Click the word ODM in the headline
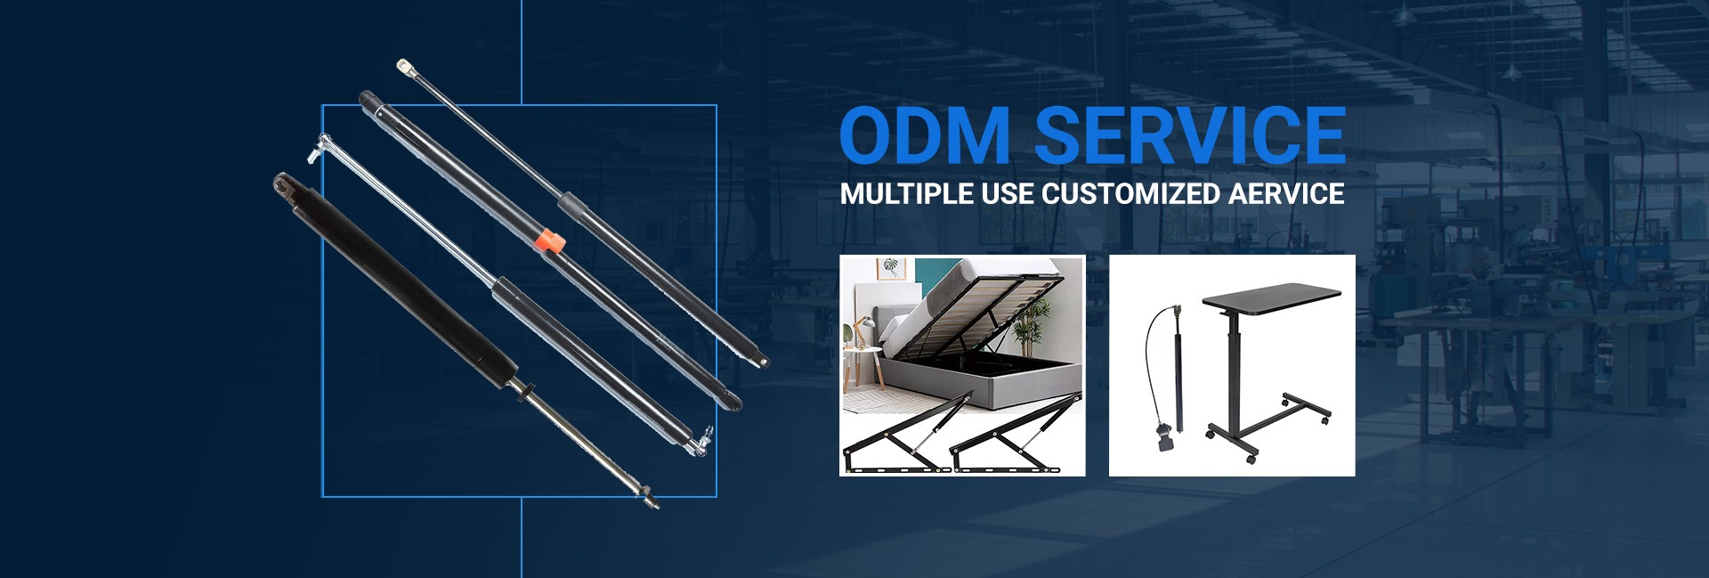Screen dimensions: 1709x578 [x=925, y=135]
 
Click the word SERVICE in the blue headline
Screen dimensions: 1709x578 [x=1189, y=135]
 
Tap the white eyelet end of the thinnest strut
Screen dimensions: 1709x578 [x=405, y=67]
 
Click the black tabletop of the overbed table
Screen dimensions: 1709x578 [x=1272, y=297]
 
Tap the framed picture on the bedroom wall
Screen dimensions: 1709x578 [x=889, y=268]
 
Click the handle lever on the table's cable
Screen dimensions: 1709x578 [x=1166, y=438]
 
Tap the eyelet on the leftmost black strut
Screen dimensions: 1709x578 [x=285, y=183]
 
